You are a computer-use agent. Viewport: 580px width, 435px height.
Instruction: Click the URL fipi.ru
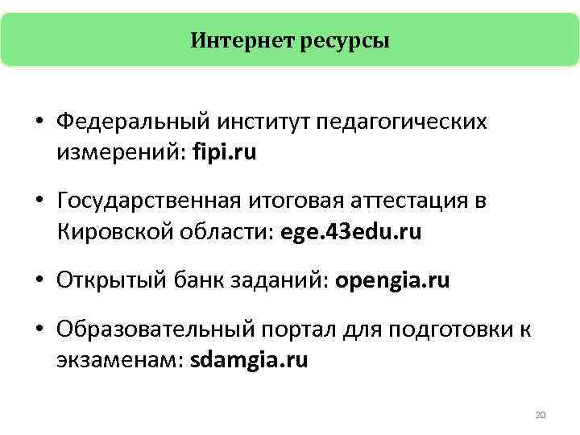(225, 153)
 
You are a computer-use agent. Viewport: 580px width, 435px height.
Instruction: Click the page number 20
(541, 415)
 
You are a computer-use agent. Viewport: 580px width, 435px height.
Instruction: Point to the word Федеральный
(132, 122)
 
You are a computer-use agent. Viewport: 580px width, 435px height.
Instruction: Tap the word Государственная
(150, 201)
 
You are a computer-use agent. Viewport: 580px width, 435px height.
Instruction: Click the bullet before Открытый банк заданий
(39, 281)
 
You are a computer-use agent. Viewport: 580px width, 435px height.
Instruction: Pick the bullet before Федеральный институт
(39, 122)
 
